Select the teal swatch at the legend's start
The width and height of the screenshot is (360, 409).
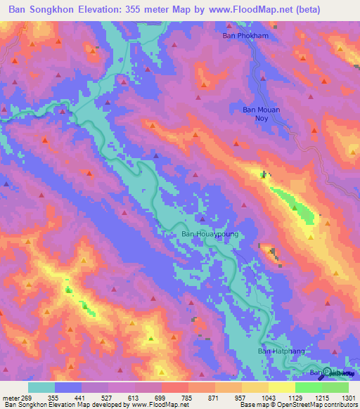pos(41,387)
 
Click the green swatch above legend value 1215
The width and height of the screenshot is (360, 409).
pos(309,387)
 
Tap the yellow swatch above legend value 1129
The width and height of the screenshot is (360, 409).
pos(282,387)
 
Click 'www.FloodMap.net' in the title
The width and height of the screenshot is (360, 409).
pos(239,9)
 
